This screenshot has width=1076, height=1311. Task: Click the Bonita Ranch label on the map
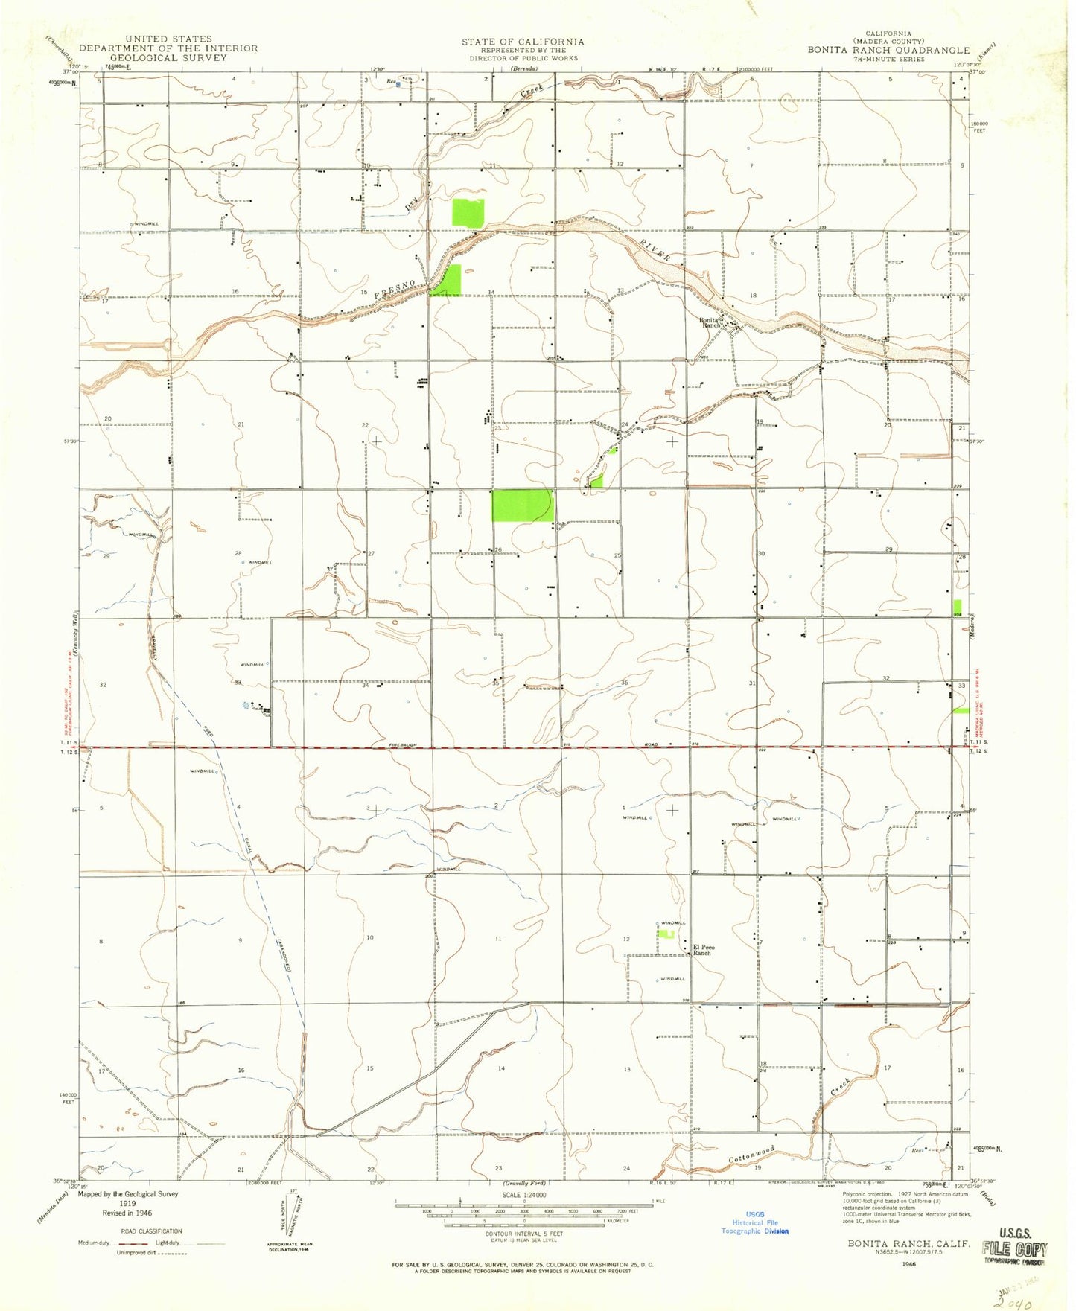coord(710,322)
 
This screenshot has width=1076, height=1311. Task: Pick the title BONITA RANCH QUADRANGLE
coord(889,51)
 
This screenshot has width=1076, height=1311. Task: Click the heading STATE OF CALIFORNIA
coord(522,42)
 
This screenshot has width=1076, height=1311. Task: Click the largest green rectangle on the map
coord(522,505)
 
